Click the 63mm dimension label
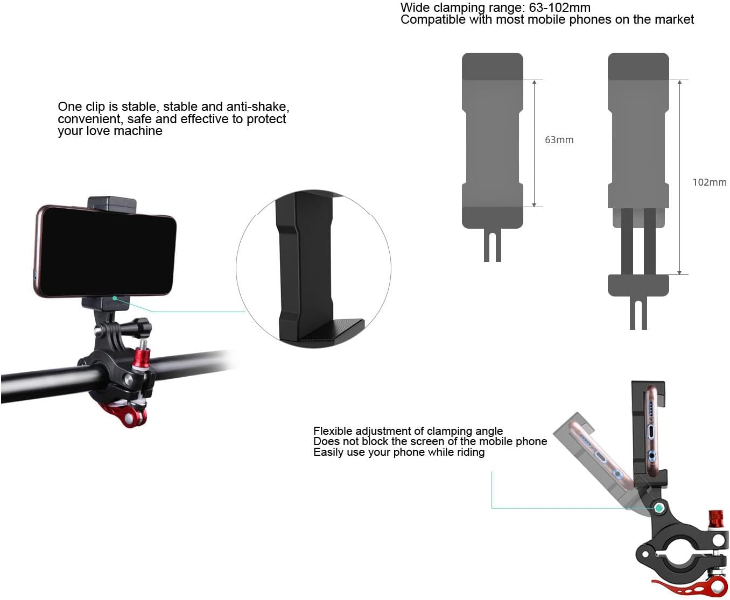point(559,140)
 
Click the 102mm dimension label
point(709,182)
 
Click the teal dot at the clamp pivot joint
point(659,507)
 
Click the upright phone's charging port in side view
point(650,432)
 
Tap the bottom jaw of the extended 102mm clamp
point(638,285)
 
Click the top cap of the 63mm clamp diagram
point(492,66)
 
